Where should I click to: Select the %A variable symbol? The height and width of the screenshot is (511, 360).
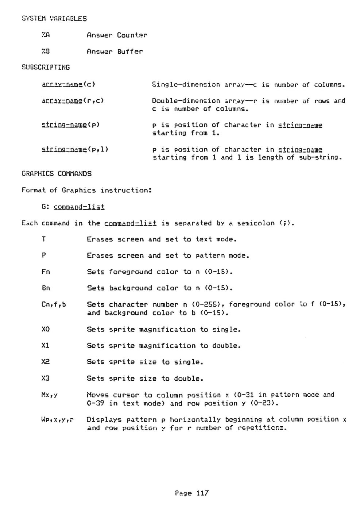coord(46,35)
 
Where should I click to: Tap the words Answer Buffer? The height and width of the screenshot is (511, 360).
coord(115,51)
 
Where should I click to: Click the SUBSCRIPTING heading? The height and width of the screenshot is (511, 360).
coord(46,68)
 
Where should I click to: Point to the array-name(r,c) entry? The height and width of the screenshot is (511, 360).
coord(73,101)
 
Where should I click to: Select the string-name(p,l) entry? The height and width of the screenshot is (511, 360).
coord(76,149)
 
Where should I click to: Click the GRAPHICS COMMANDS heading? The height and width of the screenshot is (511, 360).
coord(56,174)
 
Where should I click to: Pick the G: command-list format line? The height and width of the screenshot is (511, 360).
coord(73,207)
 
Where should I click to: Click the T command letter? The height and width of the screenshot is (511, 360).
coord(44,239)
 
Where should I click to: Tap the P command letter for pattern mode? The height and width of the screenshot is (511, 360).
coord(44,255)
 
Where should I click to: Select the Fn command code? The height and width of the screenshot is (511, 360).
coord(46,272)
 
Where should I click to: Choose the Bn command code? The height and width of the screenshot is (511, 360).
coord(46,288)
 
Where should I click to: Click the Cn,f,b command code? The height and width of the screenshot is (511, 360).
coord(54,304)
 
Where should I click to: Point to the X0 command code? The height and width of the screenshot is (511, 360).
coord(46,330)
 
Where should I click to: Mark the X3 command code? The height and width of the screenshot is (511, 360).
coord(46,379)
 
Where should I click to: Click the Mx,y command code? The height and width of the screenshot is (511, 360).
coord(50,395)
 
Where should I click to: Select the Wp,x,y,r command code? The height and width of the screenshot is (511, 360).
coord(58,420)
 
